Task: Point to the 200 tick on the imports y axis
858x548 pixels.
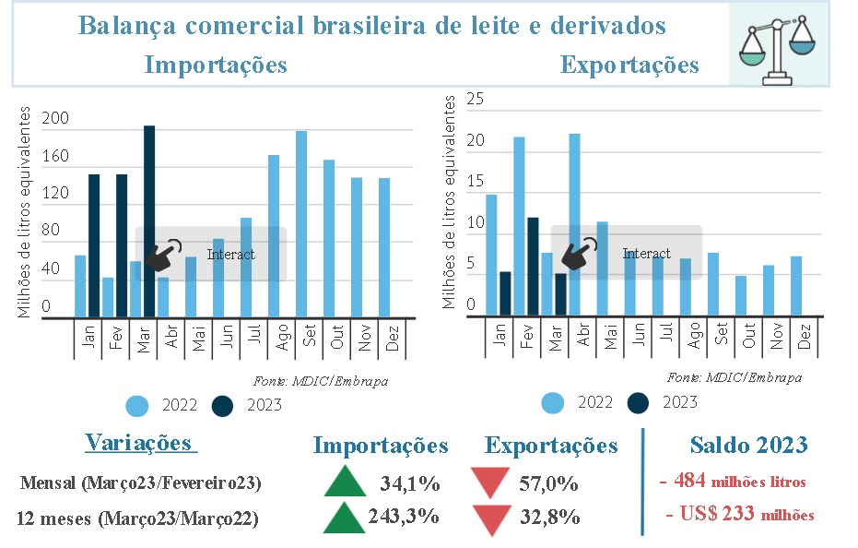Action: [x=55, y=119]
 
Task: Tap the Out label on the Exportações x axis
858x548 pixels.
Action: [x=748, y=340]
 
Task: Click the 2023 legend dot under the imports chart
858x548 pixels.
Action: [x=223, y=405]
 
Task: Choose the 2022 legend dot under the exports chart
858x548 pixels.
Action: [x=553, y=402]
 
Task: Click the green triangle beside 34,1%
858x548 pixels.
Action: [x=345, y=482]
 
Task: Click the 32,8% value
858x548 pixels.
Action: [x=549, y=517]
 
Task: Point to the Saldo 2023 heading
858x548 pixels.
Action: [x=748, y=446]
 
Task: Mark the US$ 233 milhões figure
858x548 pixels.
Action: [x=740, y=515]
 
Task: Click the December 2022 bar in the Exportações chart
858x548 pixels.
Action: [x=796, y=286]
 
